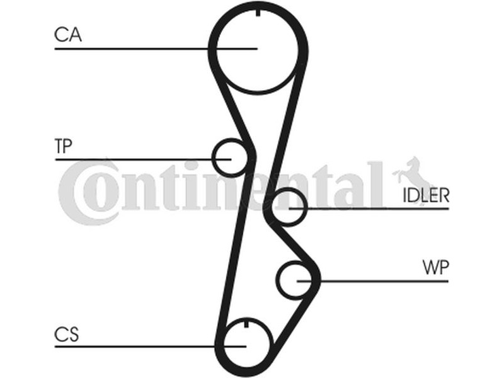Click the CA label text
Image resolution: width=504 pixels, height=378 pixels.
(x=68, y=35)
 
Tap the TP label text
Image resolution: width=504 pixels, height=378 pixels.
(x=64, y=146)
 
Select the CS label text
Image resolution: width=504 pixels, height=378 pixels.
(x=67, y=335)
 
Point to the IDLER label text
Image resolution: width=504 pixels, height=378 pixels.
(x=426, y=195)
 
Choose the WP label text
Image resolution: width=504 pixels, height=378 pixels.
(x=435, y=267)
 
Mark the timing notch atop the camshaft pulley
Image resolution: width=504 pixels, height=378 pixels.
(x=258, y=13)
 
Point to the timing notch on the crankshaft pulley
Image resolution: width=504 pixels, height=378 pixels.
(x=246, y=324)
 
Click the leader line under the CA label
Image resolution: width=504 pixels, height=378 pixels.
(x=156, y=49)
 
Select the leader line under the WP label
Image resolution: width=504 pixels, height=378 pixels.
(x=372, y=281)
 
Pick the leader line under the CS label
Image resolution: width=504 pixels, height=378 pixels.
(x=151, y=346)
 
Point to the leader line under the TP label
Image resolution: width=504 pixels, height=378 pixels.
(x=144, y=159)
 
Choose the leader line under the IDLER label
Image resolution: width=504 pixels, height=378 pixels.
(x=369, y=209)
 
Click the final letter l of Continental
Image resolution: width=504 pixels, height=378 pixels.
(x=376, y=185)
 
